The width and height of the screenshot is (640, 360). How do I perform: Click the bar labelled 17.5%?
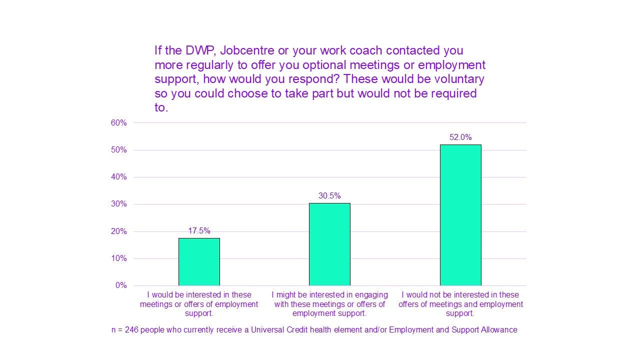pyautogui.click(x=199, y=261)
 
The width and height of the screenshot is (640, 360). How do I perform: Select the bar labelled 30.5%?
pyautogui.click(x=329, y=244)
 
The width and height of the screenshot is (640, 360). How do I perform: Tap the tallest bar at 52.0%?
pyautogui.click(x=460, y=215)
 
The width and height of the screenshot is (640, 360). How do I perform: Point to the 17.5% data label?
pyautogui.click(x=199, y=231)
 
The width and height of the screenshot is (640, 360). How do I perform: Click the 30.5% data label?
pyautogui.click(x=329, y=196)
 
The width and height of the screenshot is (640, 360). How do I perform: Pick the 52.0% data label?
pyautogui.click(x=460, y=137)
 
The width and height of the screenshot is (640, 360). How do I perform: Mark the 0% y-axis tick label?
pyautogui.click(x=121, y=285)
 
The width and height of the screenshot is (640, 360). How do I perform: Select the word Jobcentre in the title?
pyautogui.click(x=246, y=50)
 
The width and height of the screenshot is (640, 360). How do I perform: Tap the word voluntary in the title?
pyautogui.click(x=457, y=79)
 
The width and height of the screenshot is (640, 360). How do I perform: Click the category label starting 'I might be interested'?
pyautogui.click(x=329, y=304)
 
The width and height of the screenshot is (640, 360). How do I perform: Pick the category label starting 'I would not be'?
pyautogui.click(x=460, y=304)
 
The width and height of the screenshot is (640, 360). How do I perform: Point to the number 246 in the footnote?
pyautogui.click(x=130, y=330)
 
